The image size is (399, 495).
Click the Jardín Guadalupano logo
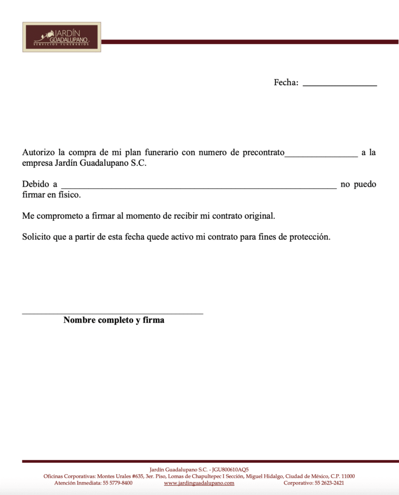click(x=61, y=37)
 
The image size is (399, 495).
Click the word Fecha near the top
click(x=285, y=83)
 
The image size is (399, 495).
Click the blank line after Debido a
click(x=198, y=187)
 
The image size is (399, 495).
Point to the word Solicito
click(x=36, y=237)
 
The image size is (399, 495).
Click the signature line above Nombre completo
click(x=113, y=313)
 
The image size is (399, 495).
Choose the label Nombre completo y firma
click(x=114, y=320)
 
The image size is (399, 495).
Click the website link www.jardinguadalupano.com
click(x=199, y=483)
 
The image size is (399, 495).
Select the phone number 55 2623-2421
click(x=329, y=483)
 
